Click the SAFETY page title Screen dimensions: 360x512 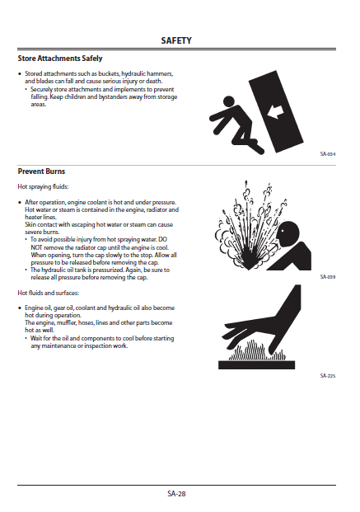pos(176,40)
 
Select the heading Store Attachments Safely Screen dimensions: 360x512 pos(60,59)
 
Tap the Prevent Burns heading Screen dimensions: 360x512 pos(41,171)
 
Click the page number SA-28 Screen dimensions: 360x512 pos(176,494)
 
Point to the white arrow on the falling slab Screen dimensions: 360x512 pos(275,112)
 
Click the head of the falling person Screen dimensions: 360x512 pos(229,101)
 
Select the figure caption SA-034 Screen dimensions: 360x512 pos(327,154)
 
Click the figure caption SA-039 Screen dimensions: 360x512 pos(327,277)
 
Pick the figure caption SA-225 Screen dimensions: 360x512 pos(327,376)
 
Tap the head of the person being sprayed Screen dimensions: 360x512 pos(288,232)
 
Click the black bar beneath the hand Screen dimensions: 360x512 pos(256,365)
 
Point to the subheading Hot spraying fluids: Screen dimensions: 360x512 pos(43,187)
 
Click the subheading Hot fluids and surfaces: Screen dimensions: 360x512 pos(49,293)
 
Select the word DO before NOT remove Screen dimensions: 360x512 pos(162,240)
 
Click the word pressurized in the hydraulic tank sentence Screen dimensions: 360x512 pos(108,270)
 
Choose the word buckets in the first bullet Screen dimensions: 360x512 pos(109,74)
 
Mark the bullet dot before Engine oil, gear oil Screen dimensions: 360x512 pos(20,308)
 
